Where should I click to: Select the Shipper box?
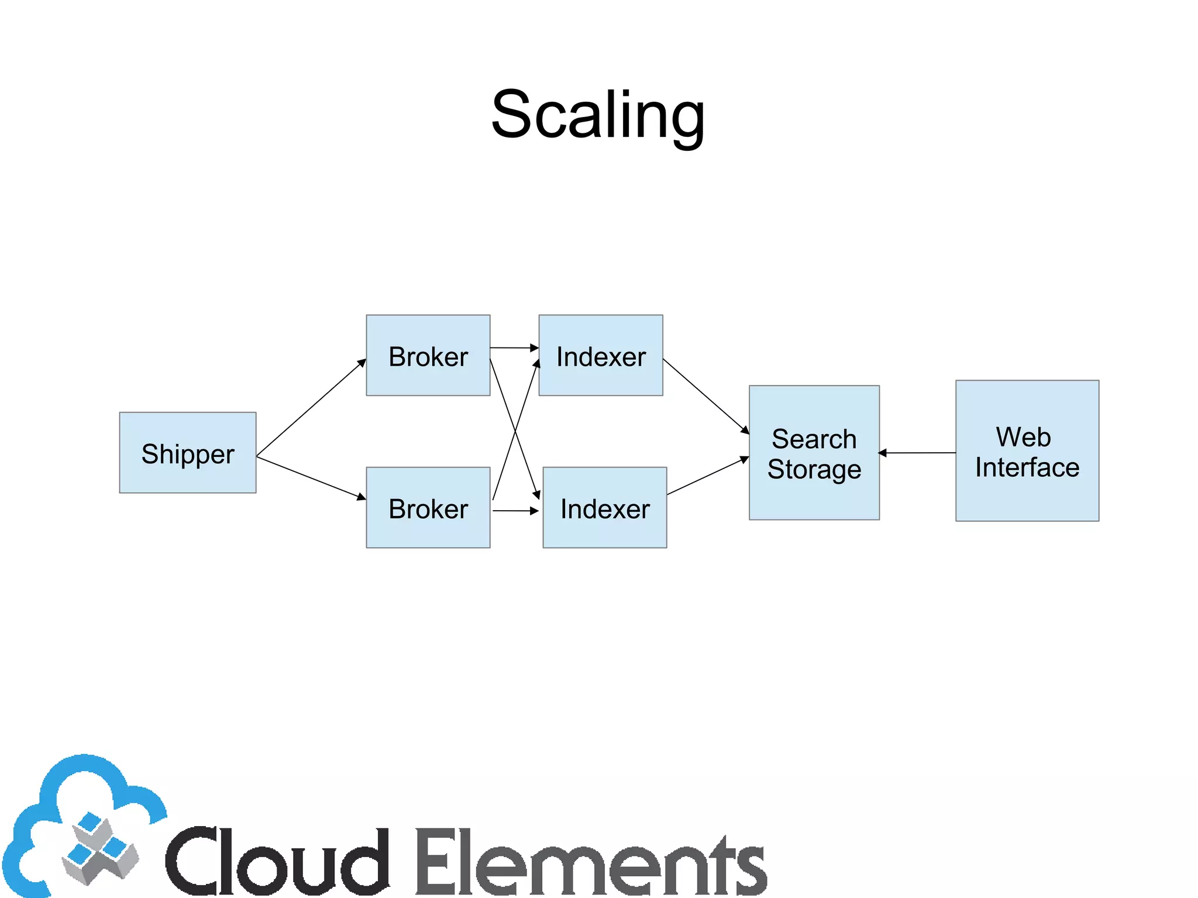click(x=187, y=452)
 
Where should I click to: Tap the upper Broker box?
click(x=428, y=355)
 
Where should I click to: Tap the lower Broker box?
click(x=428, y=507)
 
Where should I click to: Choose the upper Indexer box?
click(x=600, y=355)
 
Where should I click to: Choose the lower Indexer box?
click(x=604, y=507)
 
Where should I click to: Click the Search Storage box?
click(x=814, y=452)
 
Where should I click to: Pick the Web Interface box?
click(x=1027, y=450)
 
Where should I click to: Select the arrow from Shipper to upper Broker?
click(x=311, y=408)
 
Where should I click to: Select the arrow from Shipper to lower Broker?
click(x=311, y=478)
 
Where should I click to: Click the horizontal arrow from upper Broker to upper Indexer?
click(x=514, y=347)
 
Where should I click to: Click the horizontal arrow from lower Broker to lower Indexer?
click(x=515, y=511)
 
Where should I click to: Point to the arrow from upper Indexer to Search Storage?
click(x=705, y=396)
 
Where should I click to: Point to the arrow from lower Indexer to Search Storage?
click(x=708, y=476)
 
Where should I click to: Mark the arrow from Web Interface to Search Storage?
click(x=917, y=453)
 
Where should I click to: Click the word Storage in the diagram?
click(x=814, y=469)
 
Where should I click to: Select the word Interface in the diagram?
click(x=1027, y=467)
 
